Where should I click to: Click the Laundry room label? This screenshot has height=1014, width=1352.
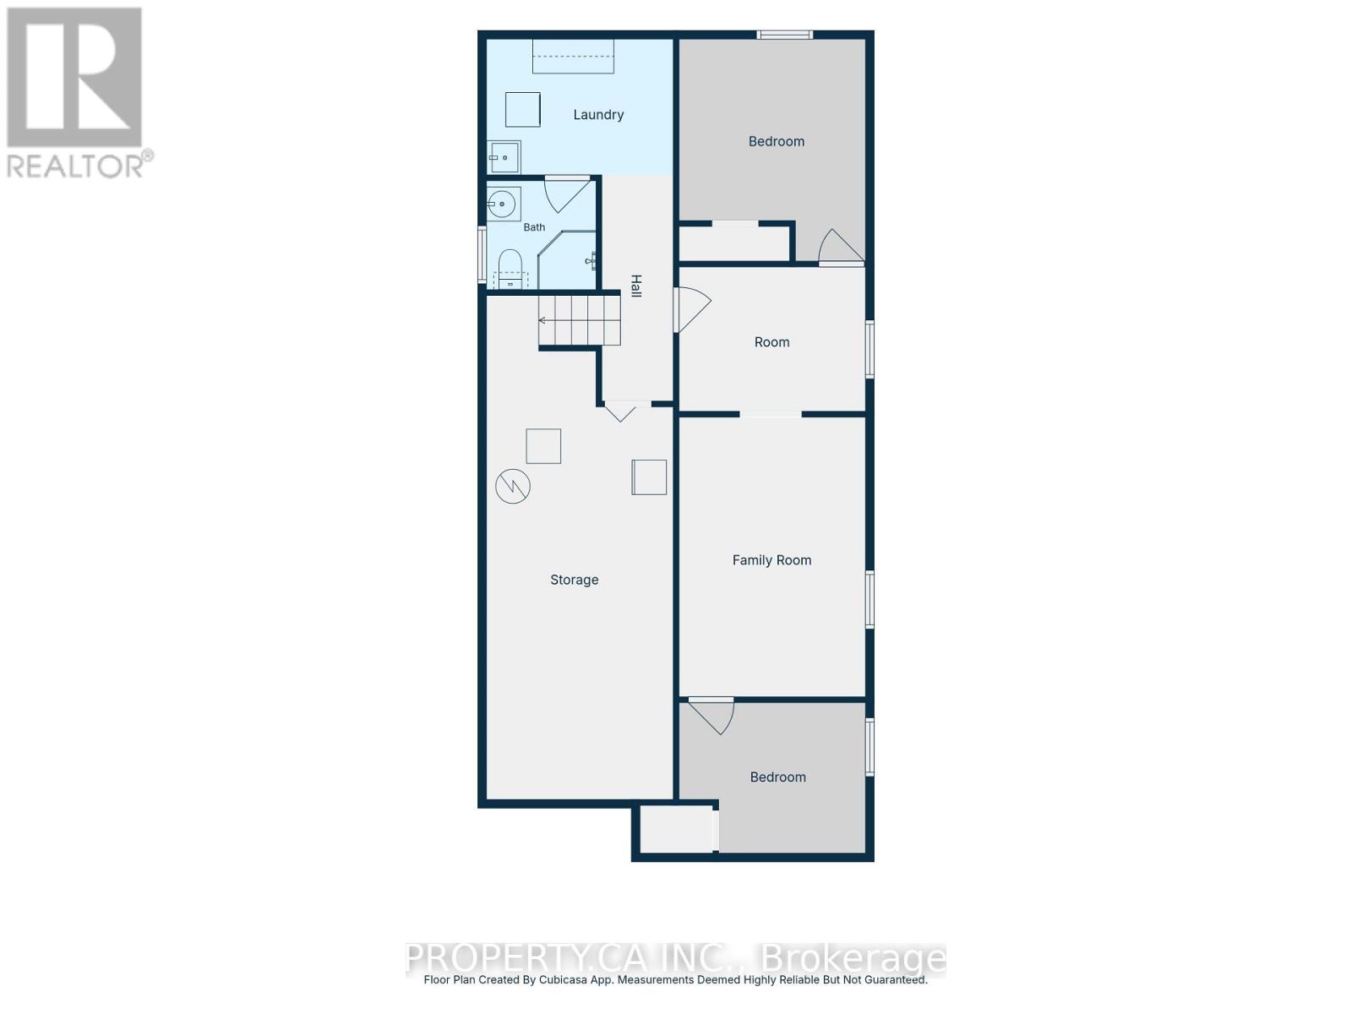598,115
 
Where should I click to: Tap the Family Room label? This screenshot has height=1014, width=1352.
771,560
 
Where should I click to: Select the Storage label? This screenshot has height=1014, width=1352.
574,580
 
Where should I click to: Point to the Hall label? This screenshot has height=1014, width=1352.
636,286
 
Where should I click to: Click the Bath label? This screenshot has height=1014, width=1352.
534,227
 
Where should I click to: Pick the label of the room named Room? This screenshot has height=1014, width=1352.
771,342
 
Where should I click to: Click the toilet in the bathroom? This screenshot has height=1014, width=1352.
510,270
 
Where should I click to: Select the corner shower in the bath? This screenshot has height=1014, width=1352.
567,259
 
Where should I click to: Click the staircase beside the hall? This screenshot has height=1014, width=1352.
579,320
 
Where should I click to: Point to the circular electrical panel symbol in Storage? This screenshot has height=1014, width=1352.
512,487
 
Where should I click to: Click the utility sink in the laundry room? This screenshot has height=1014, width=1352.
504,157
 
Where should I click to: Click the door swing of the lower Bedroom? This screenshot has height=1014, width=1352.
712,717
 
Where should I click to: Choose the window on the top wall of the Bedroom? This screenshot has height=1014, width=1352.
784,35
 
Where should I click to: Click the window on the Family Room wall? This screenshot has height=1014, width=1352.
870,600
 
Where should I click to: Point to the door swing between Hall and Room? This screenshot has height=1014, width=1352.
692,309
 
